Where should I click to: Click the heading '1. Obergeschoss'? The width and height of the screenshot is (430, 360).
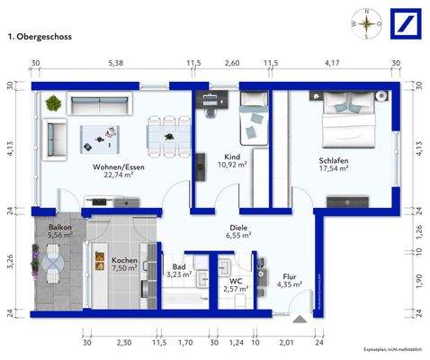point(40,38)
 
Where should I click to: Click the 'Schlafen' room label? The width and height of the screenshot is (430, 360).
point(333,162)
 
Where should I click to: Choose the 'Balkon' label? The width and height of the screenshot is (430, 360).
point(60,229)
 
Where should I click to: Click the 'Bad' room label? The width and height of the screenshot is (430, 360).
point(179,267)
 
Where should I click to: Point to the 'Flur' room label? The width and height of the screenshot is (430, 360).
point(289,276)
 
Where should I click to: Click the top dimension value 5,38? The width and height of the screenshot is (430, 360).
point(116,64)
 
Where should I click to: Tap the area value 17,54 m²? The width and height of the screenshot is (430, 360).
point(333,171)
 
